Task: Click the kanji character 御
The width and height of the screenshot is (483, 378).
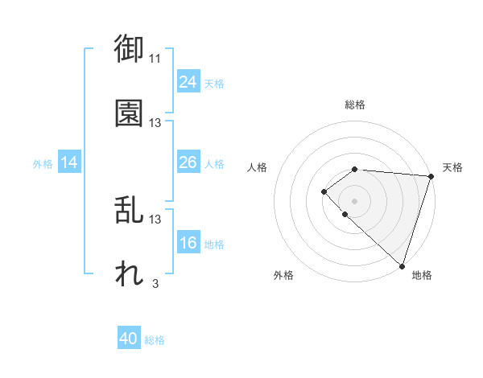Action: point(129,50)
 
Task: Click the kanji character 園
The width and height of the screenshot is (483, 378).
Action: point(129,113)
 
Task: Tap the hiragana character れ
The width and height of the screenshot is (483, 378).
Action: point(129,274)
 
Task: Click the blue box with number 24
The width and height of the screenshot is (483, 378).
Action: point(188,82)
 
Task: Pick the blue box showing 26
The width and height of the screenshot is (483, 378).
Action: point(188,162)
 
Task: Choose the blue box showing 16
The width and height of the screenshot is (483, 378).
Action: point(188,243)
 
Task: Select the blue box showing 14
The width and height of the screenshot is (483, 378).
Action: point(68,162)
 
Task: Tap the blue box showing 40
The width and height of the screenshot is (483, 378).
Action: point(129,339)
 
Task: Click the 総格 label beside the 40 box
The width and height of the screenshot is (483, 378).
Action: point(155,340)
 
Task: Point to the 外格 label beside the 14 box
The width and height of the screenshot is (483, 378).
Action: point(43,164)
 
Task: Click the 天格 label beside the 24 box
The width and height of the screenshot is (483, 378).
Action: point(213,84)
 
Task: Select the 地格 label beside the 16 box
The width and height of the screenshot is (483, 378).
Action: point(213,244)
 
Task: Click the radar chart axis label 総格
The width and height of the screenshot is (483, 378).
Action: point(354,105)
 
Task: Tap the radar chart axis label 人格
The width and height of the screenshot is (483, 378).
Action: point(258,167)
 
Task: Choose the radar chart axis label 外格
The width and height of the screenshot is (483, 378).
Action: point(283,275)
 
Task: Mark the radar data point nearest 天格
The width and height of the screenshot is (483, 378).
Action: point(431,177)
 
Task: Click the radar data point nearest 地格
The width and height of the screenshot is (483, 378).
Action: point(402,265)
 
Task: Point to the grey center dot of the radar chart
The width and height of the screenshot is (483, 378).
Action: point(354,200)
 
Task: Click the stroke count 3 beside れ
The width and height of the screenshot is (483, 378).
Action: point(155,282)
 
